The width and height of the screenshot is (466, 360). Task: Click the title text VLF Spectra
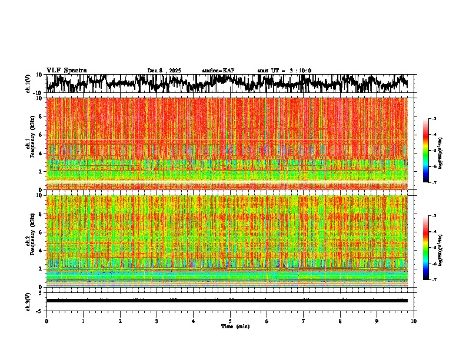(x=66, y=70)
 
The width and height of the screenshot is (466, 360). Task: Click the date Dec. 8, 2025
(x=164, y=71)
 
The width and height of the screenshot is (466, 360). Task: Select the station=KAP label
(x=218, y=71)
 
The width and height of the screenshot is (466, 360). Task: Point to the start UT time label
(x=284, y=71)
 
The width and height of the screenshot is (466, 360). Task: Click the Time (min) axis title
(x=235, y=326)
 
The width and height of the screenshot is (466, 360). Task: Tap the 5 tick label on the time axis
(x=230, y=321)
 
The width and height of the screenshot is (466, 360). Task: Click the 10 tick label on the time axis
(x=414, y=321)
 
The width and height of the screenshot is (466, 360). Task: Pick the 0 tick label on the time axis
(x=46, y=321)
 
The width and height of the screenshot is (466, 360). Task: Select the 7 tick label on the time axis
(x=304, y=321)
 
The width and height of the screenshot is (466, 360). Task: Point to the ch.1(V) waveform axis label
(x=28, y=84)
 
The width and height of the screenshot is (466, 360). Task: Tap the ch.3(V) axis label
(x=28, y=301)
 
